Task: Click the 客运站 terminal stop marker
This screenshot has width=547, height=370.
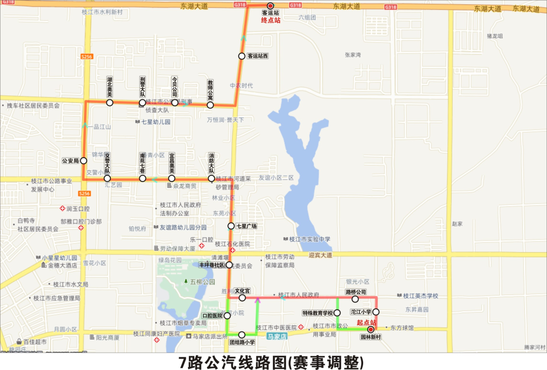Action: pos(270,6)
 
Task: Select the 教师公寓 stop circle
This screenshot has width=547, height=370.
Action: pos(210,105)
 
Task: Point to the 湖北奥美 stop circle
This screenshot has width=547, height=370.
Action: pos(110,103)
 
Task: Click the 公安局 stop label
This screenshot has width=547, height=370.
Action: pos(70,161)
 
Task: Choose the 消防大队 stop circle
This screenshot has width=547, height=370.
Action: pos(211,178)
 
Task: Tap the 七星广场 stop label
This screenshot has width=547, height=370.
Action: pos(247,226)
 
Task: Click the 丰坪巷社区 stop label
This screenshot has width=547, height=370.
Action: pos(212,265)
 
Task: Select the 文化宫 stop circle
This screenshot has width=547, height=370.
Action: pos(242,298)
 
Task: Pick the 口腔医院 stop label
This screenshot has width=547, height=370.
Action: pos(212,316)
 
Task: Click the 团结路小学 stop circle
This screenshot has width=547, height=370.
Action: pos(242,335)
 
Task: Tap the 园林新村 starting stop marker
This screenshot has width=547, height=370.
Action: pos(370,329)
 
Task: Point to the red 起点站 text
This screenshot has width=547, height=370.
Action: pos(367,322)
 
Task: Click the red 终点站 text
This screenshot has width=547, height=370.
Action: pos(270,21)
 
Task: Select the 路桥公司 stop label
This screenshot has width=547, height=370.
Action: pos(355,292)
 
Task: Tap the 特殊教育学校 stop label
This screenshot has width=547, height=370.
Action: pos(318,313)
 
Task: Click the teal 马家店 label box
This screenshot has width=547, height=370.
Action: pos(277,336)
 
